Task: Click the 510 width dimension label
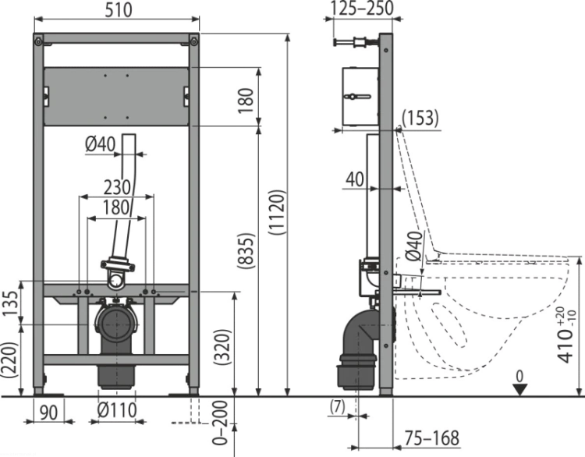click(119, 10)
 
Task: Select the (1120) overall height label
click(278, 213)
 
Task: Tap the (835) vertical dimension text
click(246, 251)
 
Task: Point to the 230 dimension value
click(117, 187)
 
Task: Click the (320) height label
click(223, 347)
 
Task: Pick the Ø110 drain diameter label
click(117, 410)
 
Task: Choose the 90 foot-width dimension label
click(48, 413)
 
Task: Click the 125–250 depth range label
click(362, 9)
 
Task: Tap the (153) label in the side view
click(420, 119)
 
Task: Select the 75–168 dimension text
click(432, 438)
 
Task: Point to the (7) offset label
click(338, 407)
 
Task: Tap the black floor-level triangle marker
click(519, 390)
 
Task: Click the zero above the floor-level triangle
click(519, 377)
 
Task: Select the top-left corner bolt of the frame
click(38, 41)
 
